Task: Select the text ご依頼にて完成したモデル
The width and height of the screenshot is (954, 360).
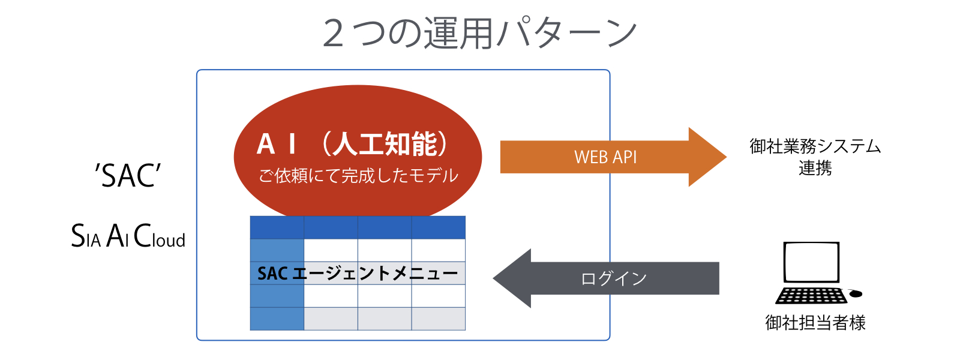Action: point(358,176)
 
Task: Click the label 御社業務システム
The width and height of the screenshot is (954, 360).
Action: point(815,146)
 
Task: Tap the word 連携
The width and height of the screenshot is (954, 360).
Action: point(815,169)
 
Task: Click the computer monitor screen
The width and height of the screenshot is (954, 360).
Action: point(811,262)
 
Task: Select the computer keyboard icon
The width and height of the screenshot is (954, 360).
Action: point(811,296)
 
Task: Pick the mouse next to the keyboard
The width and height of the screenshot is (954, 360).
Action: point(856,293)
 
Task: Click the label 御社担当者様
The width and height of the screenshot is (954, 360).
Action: point(815,323)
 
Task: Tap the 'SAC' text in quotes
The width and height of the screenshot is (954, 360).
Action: point(128,176)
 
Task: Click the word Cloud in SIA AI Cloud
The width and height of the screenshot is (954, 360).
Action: point(160,236)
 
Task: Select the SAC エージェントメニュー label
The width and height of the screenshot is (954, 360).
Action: point(358,274)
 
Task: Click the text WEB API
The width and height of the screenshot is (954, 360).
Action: point(605,157)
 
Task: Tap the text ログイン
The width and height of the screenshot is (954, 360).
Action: point(614,278)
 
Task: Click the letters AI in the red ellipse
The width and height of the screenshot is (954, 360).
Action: point(277,144)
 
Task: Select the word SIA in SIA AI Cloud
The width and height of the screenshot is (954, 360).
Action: point(86,236)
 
